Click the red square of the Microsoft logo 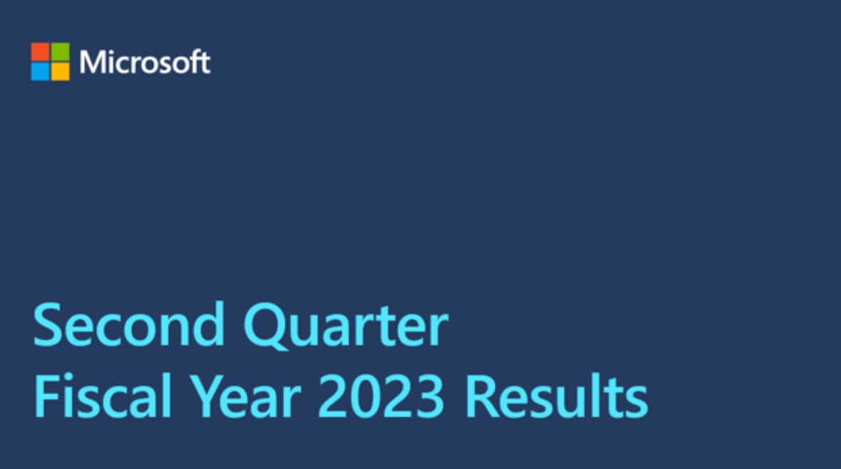(x=40, y=51)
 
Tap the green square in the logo (x=61, y=51)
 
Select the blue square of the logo (x=40, y=71)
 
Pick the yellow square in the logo (x=61, y=71)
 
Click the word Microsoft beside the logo (x=145, y=62)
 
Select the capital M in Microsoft (x=92, y=62)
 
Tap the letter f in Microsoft (x=194, y=61)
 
